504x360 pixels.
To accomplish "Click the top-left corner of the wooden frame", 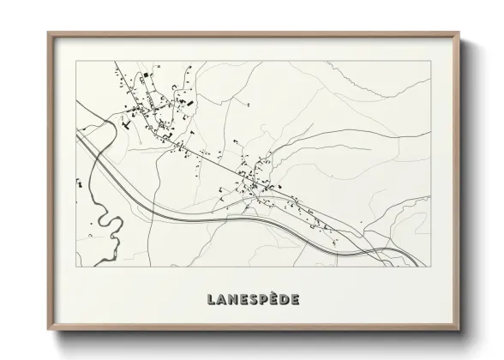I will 49,33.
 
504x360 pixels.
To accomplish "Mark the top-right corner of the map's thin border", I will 430,61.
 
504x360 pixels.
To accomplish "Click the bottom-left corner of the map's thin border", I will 75,268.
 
